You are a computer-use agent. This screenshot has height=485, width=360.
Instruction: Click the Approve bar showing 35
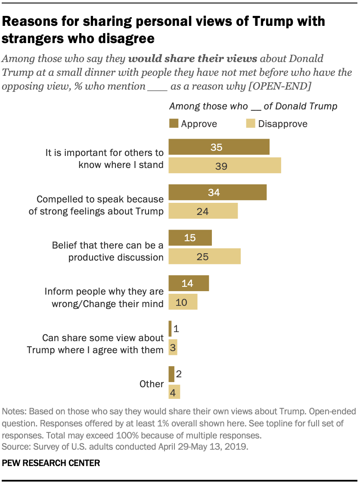point(219,147)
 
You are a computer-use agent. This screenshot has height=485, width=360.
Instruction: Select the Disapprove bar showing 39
point(224,166)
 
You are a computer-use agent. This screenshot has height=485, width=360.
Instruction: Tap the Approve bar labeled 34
point(217,193)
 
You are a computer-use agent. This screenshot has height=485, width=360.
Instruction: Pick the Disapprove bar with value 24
point(203,211)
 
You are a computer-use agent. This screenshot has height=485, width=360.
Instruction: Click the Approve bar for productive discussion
point(190,238)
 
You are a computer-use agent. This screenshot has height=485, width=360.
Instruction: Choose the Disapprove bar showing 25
point(204,257)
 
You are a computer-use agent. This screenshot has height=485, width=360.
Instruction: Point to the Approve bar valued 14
point(188,283)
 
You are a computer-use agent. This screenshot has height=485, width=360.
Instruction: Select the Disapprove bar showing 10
point(183,302)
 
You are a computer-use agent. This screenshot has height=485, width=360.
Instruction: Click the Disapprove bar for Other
point(174,392)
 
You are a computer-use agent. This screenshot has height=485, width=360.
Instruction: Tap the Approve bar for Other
point(171,374)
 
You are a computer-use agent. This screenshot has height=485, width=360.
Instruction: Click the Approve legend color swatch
point(173,124)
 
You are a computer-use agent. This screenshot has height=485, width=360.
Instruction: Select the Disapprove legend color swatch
point(250,124)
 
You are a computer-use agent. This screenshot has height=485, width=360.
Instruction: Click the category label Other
point(152,384)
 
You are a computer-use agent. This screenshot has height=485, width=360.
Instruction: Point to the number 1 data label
point(177,329)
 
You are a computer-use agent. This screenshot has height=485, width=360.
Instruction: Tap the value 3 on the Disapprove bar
point(173,348)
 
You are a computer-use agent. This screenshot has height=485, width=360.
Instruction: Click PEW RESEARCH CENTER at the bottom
point(51,463)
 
